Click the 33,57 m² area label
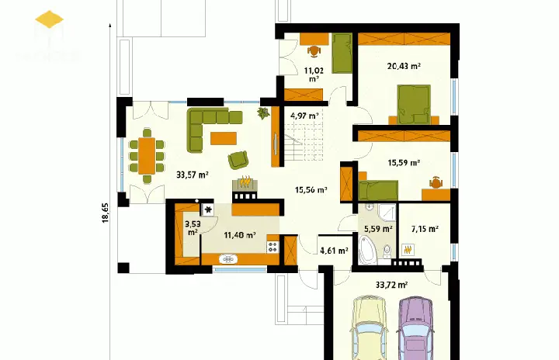[x=192, y=175]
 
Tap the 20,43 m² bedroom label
[x=404, y=67]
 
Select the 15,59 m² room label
[x=404, y=163]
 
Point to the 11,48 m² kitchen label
[x=240, y=234]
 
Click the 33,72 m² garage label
[x=392, y=285]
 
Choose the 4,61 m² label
[x=334, y=251]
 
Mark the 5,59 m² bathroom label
[x=378, y=229]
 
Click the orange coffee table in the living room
[x=224, y=138]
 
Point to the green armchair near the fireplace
[x=238, y=160]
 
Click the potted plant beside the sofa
[x=264, y=114]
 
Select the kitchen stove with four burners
[x=273, y=247]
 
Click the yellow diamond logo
[x=50, y=21]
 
